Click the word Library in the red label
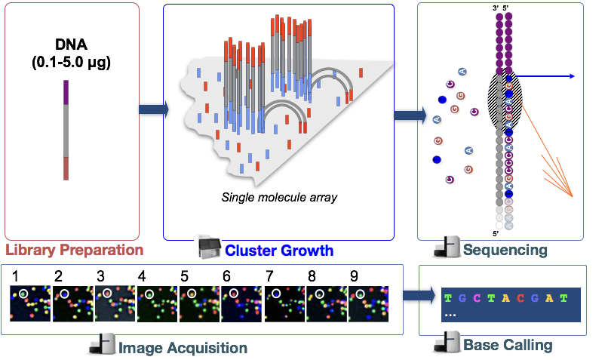(30, 250)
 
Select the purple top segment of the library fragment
(66, 92)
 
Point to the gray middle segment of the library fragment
(66, 131)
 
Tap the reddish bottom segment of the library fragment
(66, 168)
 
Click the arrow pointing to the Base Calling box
(419, 296)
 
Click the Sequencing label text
(505, 250)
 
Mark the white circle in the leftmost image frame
(23, 293)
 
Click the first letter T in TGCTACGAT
(448, 298)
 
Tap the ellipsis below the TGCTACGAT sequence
(450, 313)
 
